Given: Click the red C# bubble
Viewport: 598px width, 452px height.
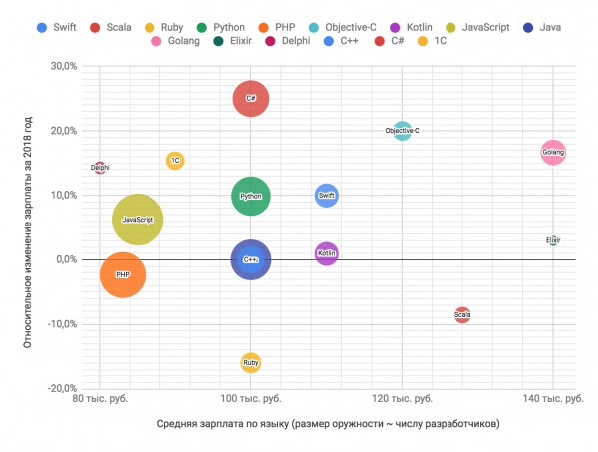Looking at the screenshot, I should (251, 98).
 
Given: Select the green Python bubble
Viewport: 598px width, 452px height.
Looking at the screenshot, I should (251, 196).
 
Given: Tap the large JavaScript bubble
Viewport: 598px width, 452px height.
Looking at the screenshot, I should (137, 219).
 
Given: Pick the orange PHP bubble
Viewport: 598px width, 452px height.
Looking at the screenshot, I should (123, 274).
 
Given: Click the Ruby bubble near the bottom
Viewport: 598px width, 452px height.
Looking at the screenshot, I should (251, 362).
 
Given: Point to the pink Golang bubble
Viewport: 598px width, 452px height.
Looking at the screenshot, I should (553, 152).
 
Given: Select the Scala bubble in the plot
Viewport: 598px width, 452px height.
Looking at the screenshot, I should (462, 315).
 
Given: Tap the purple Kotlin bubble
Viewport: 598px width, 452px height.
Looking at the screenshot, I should (327, 254).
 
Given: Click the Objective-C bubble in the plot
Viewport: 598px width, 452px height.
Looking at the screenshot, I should (402, 131).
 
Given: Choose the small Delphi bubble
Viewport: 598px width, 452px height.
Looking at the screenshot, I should (100, 168).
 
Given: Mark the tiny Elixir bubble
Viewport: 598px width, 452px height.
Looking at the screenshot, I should (554, 240).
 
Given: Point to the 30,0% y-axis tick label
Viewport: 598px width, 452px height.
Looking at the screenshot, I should (63, 66).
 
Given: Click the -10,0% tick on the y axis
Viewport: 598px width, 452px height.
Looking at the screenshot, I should (61, 324).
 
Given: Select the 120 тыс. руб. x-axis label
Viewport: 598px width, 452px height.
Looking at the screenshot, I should (402, 399).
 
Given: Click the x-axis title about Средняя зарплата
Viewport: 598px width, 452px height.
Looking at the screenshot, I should (328, 425).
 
